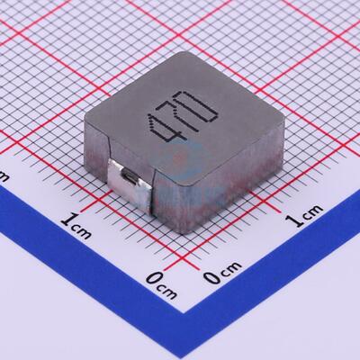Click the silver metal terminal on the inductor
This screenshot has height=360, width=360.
129,179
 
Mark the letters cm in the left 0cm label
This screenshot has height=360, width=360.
168,289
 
